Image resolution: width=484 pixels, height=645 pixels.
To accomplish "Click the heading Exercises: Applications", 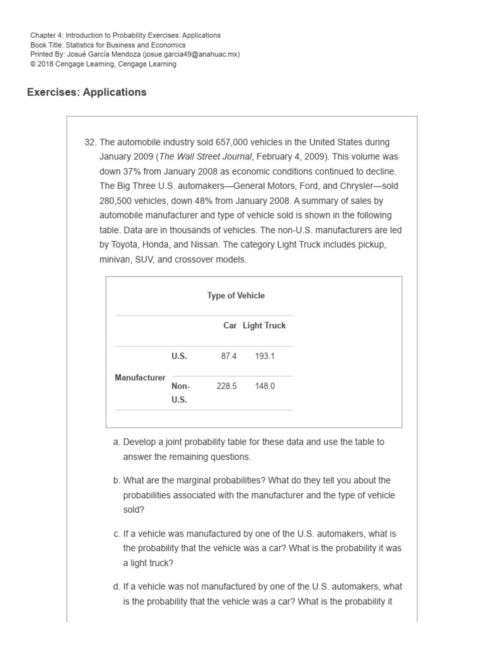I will [86, 93].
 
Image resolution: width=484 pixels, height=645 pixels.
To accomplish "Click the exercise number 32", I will [89, 142].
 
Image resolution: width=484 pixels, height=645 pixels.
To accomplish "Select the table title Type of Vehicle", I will [236, 295].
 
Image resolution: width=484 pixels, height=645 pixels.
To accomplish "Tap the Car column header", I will [230, 326].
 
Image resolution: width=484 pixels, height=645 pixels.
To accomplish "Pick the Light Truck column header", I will [264, 326].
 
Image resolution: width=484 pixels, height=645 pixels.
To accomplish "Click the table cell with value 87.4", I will [229, 356].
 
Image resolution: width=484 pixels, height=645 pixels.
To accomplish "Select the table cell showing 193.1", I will [265, 356].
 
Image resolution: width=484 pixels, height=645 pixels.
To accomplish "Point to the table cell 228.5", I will [226, 386].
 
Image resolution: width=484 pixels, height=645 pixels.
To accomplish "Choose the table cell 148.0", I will [265, 386].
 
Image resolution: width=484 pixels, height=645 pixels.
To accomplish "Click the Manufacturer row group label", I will [140, 377].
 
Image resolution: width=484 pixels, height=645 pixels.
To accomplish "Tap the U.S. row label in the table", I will [179, 356].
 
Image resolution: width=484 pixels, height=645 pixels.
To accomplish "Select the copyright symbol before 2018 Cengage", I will [33, 64].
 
